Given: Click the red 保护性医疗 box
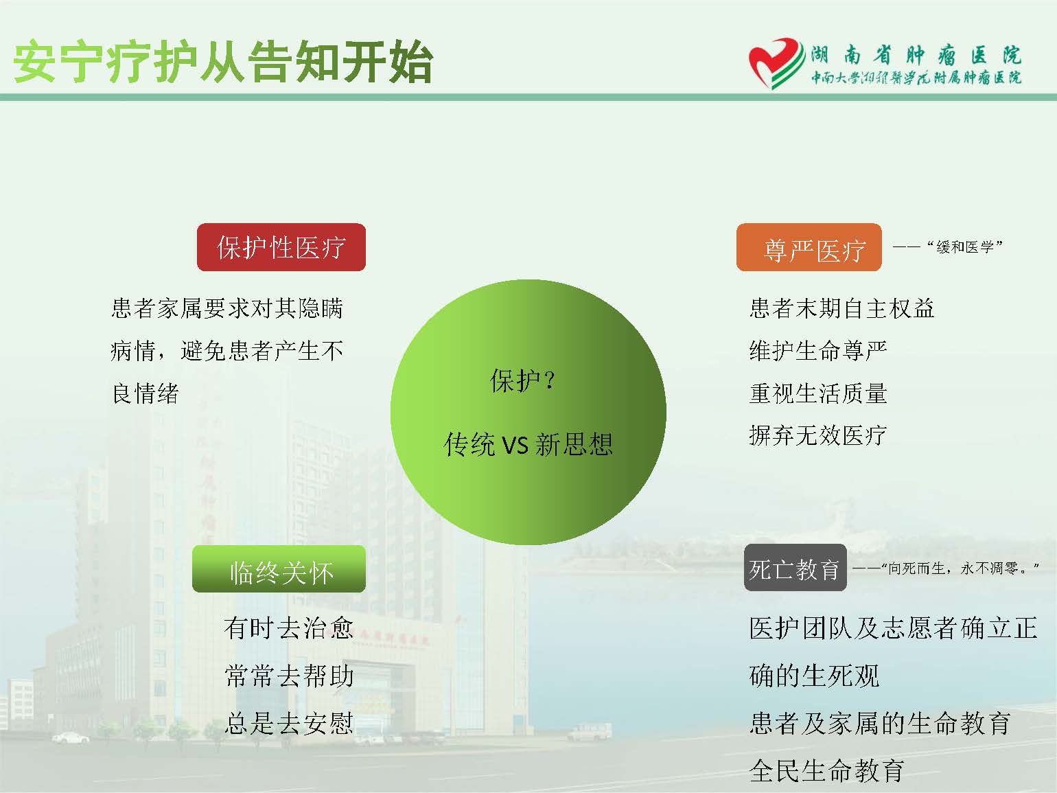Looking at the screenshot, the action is (281, 247).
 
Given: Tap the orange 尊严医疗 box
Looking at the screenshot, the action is (809, 247).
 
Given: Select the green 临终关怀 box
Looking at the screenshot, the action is (279, 568).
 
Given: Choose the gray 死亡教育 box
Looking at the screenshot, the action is (795, 568).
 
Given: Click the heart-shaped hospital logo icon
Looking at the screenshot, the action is (776, 63).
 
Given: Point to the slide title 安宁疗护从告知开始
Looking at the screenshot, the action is (223, 62).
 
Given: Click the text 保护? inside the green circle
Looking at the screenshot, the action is (523, 380).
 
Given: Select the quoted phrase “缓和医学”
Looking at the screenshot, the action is (964, 246).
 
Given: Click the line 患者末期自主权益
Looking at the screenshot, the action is (841, 308).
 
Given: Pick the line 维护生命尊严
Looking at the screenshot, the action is (818, 351).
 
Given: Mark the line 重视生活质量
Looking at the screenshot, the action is (818, 393).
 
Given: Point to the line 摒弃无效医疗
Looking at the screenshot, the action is (818, 435).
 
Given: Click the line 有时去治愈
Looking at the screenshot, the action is (289, 628).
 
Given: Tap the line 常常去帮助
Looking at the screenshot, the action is (289, 676).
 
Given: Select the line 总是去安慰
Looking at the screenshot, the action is (289, 723).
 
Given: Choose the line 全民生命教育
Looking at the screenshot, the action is (826, 770).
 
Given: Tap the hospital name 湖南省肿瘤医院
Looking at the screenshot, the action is (916, 56).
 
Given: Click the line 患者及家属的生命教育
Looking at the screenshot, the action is (879, 723).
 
